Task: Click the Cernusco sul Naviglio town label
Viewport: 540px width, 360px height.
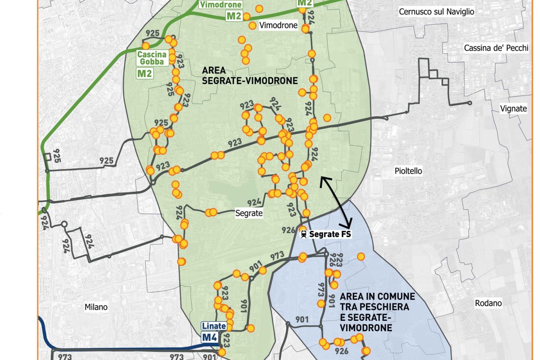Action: (x=436, y=12)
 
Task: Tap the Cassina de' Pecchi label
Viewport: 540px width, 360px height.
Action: (x=496, y=48)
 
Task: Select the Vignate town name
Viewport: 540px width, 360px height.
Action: (x=513, y=108)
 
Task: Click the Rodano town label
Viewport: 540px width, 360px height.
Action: (x=488, y=303)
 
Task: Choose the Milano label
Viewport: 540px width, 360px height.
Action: (x=96, y=307)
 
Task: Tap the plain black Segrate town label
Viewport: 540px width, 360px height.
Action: (x=249, y=213)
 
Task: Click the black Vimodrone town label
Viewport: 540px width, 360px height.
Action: (x=279, y=26)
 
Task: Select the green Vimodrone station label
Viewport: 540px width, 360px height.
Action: (x=220, y=5)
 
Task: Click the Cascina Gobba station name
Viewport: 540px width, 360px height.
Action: (x=153, y=58)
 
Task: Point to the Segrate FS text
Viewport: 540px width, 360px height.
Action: (x=330, y=234)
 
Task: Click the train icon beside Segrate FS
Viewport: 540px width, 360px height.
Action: (x=304, y=234)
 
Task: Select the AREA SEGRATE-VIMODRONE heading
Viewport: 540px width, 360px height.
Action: (x=250, y=76)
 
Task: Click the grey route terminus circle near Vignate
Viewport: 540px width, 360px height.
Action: (x=470, y=103)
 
